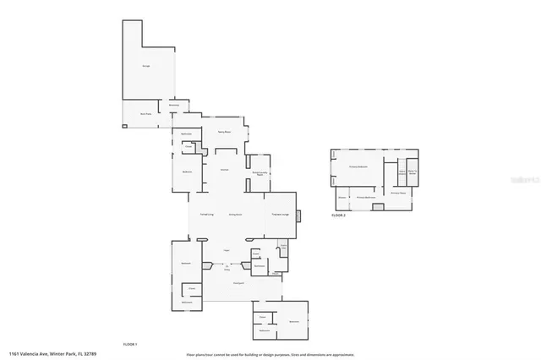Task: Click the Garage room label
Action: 145,64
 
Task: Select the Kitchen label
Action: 225,170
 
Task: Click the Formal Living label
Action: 205,215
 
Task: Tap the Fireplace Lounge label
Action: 281,215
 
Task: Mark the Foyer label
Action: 227,250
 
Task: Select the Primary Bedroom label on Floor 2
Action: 358,167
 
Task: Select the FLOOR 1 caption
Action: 130,344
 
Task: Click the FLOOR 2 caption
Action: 338,216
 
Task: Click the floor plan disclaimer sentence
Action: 270,353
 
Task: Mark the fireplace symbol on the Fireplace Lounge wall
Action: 298,215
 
